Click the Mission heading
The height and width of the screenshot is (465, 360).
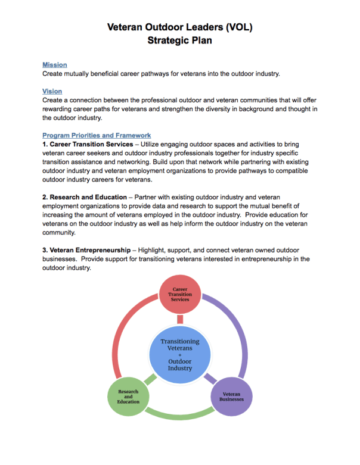click(x=54, y=65)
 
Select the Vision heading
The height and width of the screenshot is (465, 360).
click(x=52, y=92)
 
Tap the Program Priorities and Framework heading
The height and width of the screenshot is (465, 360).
click(x=97, y=136)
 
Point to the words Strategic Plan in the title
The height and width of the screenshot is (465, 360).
click(x=179, y=41)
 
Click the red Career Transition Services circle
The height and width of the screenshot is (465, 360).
click(x=179, y=295)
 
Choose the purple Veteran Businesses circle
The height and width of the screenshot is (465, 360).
click(x=231, y=397)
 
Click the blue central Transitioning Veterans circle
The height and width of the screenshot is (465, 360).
click(x=179, y=355)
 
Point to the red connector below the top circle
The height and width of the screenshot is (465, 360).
click(x=179, y=320)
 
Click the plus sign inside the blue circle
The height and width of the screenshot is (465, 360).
click(x=179, y=355)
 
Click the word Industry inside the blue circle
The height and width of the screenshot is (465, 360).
click(x=179, y=368)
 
